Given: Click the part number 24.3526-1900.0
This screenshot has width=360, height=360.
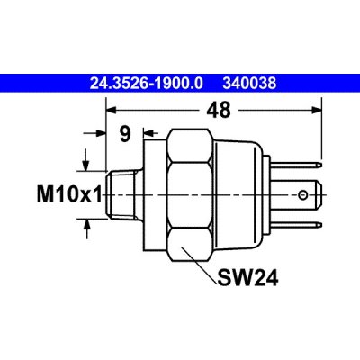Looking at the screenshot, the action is [147, 84].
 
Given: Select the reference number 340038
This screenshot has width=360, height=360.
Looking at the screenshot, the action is [249, 84].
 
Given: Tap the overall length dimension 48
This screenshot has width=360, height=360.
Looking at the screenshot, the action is [219, 110].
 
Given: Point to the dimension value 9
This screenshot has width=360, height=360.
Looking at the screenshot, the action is [125, 134].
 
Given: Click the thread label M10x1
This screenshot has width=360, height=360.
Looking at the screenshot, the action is [69, 194].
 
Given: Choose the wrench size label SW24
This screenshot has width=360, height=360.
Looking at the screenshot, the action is [247, 278].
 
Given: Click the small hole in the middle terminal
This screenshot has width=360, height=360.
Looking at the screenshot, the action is [302, 196].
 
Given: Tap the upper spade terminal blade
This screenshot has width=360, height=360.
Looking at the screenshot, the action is [296, 165].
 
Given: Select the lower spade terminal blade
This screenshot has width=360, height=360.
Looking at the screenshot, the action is [296, 225].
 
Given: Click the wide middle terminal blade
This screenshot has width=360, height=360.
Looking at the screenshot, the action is [298, 195].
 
